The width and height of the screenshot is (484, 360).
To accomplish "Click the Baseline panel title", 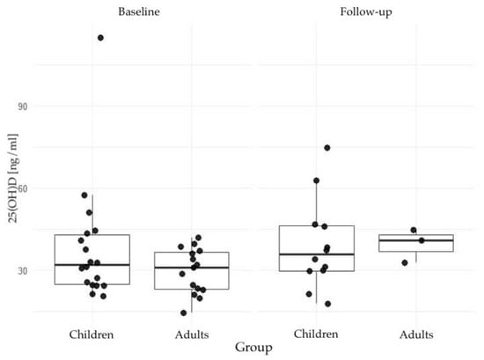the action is coord(139,11).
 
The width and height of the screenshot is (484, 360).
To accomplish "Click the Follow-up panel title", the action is coord(366,12).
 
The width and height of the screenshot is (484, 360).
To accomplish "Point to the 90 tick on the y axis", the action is coord(23,107).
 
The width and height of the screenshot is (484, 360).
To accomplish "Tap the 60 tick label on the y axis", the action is coord(23,188).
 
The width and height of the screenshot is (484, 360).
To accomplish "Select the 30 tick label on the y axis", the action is coord(23,271).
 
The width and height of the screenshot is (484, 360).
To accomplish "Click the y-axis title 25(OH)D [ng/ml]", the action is coord(13,178).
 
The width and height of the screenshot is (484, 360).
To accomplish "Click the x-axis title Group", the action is coord(253,348).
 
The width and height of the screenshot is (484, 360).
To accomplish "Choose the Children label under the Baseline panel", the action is coord(92,334).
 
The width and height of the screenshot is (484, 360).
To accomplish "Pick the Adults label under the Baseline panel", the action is coord(192,334).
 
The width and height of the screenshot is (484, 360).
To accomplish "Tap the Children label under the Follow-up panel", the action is coord(316,334).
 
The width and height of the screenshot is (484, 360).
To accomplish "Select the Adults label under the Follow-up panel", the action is coord(416,334).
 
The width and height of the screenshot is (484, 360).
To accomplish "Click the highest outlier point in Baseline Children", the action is coord(100,38).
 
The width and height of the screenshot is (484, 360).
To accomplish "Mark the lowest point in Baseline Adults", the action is coord(183,313).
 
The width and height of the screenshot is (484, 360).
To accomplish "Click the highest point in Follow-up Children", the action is coord(327,148).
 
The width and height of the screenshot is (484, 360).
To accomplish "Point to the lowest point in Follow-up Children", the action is coord(328,305).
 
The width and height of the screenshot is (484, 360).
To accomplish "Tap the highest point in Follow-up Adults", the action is coord(414,230).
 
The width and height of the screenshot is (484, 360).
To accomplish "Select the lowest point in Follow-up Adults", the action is coord(405,263).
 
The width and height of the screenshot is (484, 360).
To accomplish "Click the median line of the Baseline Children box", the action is coord(92,265).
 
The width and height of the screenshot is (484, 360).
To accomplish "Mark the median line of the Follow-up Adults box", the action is coord(416,240).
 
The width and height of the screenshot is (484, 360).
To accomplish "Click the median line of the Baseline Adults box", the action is coord(192,268).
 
